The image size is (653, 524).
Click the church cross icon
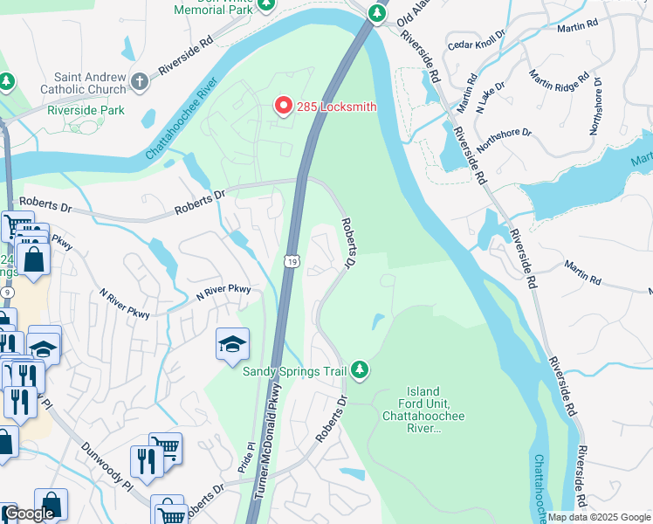[139, 82]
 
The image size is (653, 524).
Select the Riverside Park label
[86, 110]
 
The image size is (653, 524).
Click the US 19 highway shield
[292, 260]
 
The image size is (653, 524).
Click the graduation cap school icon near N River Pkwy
[233, 345]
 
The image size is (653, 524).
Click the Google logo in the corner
[29, 514]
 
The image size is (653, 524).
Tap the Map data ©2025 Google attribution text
[599, 517]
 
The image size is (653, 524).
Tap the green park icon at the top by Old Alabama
[376, 13]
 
